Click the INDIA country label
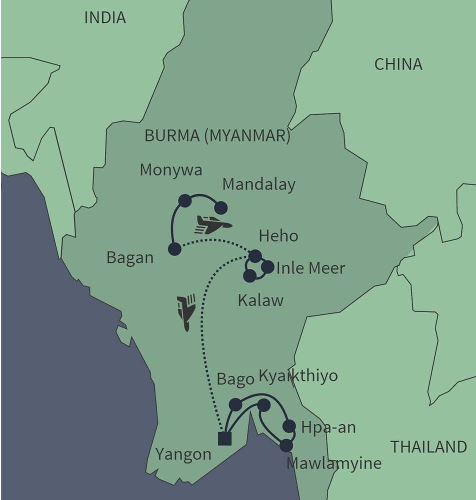tap(105, 18)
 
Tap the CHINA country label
tap(398, 64)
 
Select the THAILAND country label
tap(428, 446)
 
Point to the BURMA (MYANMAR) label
tap(217, 136)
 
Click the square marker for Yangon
tap(224, 438)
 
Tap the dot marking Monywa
tap(185, 200)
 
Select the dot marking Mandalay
tap(220, 208)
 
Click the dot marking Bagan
tap(174, 249)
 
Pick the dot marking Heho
tap(255, 256)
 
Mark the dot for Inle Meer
tap(268, 267)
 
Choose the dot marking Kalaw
tap(249, 275)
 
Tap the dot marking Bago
tap(235, 404)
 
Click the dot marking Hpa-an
tap(289, 426)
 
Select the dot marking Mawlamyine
tap(286, 445)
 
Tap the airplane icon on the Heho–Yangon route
tap(186, 312)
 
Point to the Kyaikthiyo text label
tap(298, 376)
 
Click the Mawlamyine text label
tap(333, 463)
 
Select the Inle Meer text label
tap(310, 268)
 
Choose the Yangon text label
tap(183, 454)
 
